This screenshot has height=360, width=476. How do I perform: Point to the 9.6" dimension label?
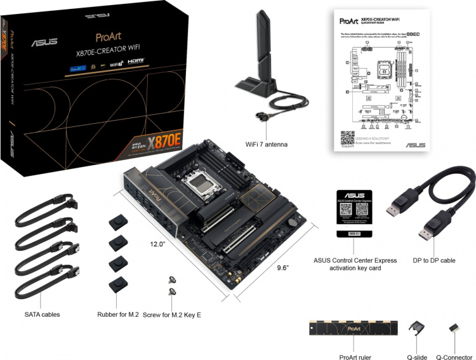[x=282, y=268]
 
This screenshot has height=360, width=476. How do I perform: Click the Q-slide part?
[x=417, y=331]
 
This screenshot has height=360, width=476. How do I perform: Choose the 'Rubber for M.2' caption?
[x=117, y=314]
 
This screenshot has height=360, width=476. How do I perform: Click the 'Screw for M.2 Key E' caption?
[x=176, y=314]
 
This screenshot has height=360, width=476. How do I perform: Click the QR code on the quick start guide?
[x=347, y=138]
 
